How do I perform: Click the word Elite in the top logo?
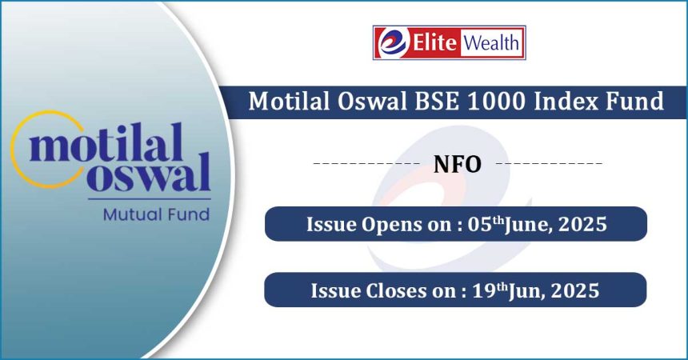point(434,42)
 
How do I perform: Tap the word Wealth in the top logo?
point(491,42)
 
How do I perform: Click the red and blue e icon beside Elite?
point(393,42)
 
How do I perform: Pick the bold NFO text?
point(458,164)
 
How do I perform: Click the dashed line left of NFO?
point(367,163)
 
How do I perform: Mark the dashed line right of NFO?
point(550,163)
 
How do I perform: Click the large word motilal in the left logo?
point(106,143)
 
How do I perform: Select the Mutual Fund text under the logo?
point(156,214)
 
